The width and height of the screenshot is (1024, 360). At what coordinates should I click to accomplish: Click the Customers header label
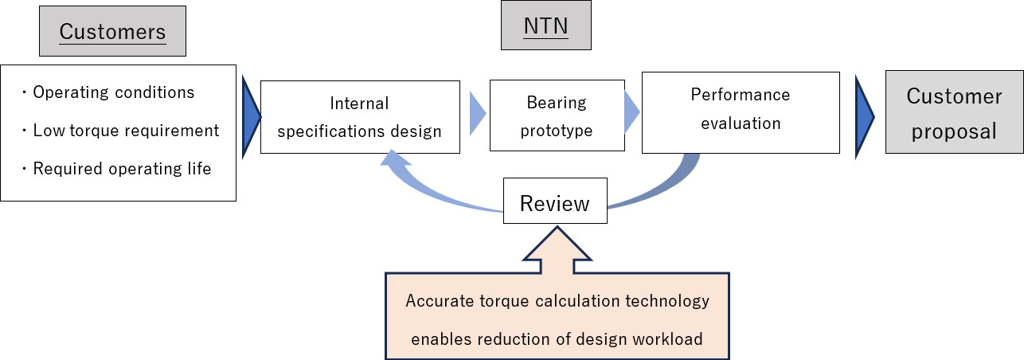pyautogui.click(x=112, y=32)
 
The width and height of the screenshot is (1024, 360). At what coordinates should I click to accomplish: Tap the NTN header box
pyautogui.click(x=545, y=26)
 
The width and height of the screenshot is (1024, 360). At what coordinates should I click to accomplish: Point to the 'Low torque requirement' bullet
pyautogui.click(x=126, y=130)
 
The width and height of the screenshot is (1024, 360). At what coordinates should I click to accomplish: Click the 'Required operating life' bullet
pyautogui.click(x=122, y=169)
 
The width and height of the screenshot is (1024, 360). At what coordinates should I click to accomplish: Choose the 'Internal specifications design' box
pyautogui.click(x=360, y=116)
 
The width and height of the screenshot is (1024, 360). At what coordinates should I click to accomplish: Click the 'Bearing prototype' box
pyautogui.click(x=557, y=116)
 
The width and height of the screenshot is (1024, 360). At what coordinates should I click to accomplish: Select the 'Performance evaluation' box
pyautogui.click(x=740, y=112)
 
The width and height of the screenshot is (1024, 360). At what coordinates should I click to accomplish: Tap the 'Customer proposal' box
pyautogui.click(x=955, y=113)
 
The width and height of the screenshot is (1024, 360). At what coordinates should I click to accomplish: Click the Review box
pyautogui.click(x=554, y=203)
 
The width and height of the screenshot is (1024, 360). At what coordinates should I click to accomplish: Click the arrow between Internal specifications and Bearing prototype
pyautogui.click(x=475, y=113)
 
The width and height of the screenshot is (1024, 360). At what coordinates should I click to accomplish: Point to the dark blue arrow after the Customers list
pyautogui.click(x=249, y=115)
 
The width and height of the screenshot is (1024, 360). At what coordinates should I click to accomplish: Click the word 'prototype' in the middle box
pyautogui.click(x=557, y=131)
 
